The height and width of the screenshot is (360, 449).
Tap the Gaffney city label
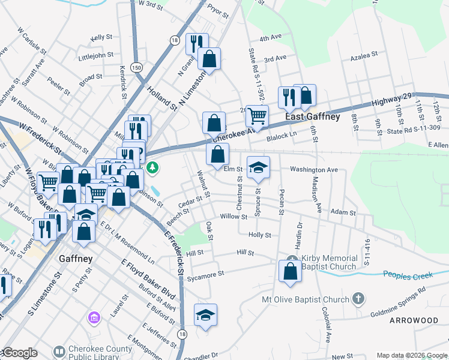coord(76,259)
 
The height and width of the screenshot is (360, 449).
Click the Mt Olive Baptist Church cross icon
coord(358,298)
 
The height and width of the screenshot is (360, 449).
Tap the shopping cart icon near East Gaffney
coord(257,115)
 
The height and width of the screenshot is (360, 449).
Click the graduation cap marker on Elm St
coord(258,167)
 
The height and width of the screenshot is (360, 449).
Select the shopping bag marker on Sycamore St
coord(291,271)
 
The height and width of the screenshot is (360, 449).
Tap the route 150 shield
coord(137,68)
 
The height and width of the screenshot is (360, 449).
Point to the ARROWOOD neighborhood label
coord(414,320)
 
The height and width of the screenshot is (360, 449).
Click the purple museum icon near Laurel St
coord(94,316)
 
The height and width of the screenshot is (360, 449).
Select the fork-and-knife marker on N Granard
coord(196,44)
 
